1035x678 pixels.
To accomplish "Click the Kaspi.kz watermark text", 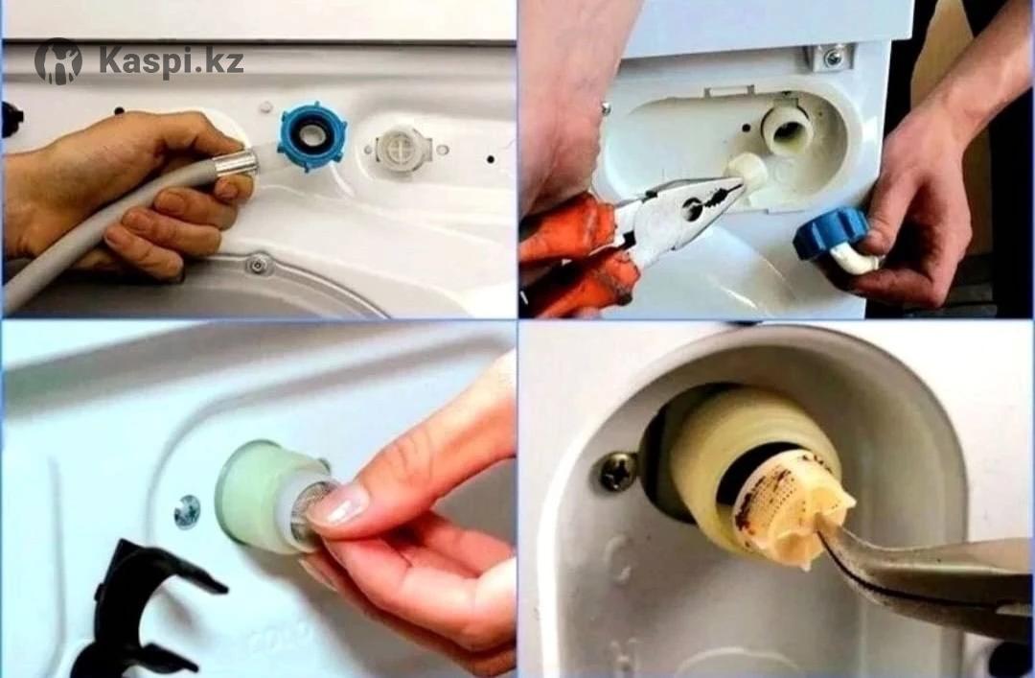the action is point(171,61).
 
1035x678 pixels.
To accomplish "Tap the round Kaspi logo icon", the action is point(58,61).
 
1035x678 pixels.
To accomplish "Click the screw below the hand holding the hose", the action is point(258,265).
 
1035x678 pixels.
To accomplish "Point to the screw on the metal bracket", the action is point(833,58).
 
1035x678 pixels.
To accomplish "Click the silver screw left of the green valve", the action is point(187,511).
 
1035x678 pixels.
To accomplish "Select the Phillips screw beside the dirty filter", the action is point(618,471).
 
